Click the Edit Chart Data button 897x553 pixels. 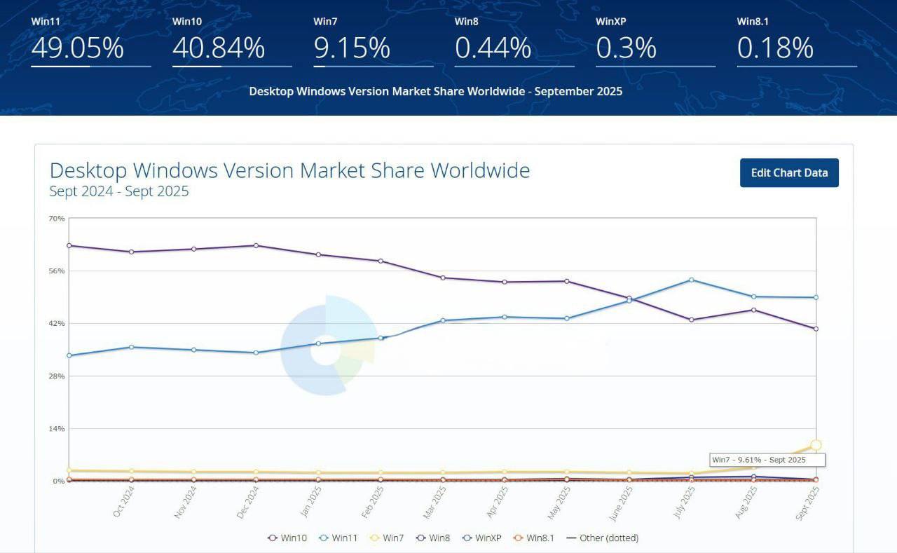[x=789, y=173]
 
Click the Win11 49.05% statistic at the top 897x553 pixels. [x=77, y=48]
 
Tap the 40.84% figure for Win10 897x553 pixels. [x=218, y=48]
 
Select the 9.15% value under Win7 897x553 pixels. [x=351, y=48]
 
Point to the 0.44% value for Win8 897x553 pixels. [x=493, y=48]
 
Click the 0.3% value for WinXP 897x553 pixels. [x=626, y=48]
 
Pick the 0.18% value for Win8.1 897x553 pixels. [x=775, y=48]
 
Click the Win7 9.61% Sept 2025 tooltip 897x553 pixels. [x=767, y=460]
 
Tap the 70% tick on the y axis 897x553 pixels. [x=57, y=219]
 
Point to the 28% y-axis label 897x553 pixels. [x=57, y=376]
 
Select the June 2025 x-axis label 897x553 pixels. [x=622, y=503]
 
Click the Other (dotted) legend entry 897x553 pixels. [x=603, y=538]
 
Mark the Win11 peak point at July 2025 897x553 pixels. [x=692, y=280]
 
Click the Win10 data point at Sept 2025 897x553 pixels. [x=816, y=329]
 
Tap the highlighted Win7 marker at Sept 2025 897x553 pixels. [x=816, y=445]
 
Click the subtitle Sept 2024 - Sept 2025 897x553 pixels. [x=119, y=191]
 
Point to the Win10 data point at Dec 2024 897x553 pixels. [x=256, y=245]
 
